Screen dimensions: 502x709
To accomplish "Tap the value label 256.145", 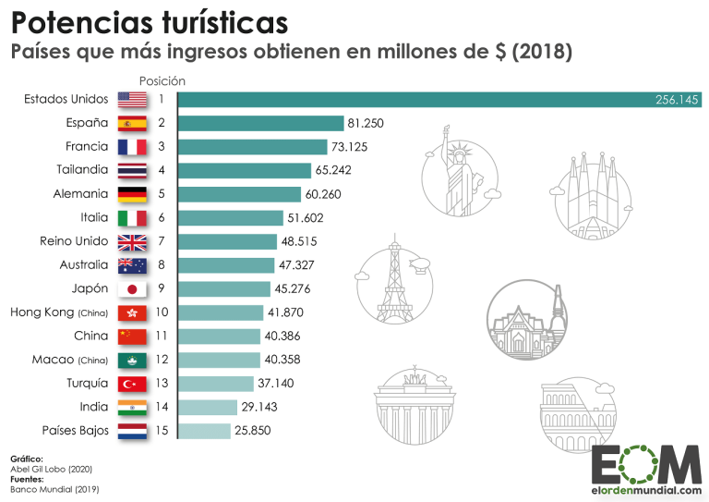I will tap(677, 99).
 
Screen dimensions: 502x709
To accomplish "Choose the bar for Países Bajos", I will tap(203, 431).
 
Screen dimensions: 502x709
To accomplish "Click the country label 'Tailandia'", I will tap(82, 170).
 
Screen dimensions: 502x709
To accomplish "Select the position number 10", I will tap(161, 312).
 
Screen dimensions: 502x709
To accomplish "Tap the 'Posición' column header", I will tap(162, 81).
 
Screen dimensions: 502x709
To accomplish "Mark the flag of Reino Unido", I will tap(132, 242).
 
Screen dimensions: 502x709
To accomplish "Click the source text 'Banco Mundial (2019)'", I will tap(54, 488).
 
